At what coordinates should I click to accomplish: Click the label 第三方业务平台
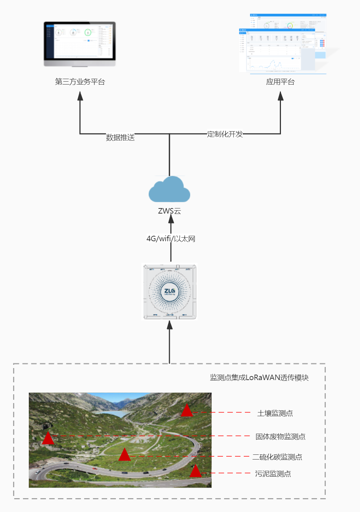click(80, 82)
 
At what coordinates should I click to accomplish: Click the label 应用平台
click(280, 82)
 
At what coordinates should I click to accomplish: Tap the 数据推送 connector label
click(120, 137)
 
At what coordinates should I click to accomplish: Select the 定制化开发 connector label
click(225, 134)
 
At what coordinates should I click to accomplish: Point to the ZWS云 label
click(169, 211)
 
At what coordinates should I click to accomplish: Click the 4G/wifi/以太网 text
click(171, 239)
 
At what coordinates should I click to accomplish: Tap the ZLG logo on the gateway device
click(169, 291)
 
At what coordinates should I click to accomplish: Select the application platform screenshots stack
click(283, 44)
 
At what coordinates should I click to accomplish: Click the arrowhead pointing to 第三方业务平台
click(80, 96)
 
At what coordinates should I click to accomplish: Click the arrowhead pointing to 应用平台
click(280, 96)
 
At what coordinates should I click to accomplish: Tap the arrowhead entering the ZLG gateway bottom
click(169, 325)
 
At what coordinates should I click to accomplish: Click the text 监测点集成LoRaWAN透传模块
click(259, 378)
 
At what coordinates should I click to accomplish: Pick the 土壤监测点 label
click(275, 413)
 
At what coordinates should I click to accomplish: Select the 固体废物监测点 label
click(280, 437)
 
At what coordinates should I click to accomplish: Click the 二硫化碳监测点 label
click(277, 457)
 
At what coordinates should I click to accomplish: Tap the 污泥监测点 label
click(273, 474)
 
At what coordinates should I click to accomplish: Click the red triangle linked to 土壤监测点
click(187, 411)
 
